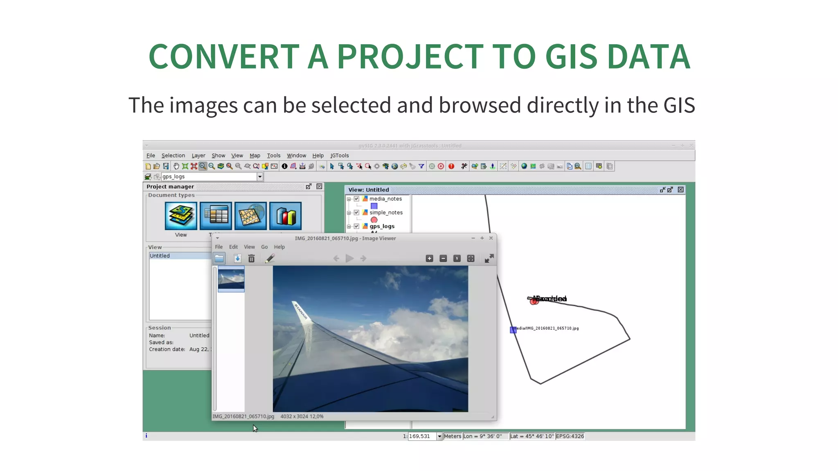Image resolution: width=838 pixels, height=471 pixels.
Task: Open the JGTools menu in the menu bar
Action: coord(340,156)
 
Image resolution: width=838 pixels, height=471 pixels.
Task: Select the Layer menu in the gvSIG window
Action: coord(198,156)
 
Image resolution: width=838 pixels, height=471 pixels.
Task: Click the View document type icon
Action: coord(181,216)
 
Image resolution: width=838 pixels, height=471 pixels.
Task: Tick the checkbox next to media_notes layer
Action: coord(356,199)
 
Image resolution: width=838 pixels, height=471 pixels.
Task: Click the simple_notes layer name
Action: coord(386,213)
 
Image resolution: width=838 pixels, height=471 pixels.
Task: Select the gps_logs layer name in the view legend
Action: coord(382,227)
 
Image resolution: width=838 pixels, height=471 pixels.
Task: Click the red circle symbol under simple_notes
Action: coord(374,220)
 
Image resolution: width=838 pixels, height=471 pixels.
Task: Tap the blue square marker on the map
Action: coord(513,330)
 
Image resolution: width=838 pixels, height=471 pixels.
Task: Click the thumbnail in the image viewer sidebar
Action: coord(231,279)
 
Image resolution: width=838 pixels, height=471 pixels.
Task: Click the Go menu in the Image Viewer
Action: coord(264,247)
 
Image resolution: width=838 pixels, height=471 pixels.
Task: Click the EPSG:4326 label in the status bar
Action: coord(570,436)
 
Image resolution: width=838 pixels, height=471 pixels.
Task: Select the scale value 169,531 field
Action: coord(422,436)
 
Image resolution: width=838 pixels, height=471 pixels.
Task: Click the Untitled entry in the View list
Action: coord(160,256)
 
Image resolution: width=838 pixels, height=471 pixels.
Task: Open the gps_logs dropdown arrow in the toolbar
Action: coord(260,177)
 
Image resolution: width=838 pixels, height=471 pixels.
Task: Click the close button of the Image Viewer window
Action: coord(491,238)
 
